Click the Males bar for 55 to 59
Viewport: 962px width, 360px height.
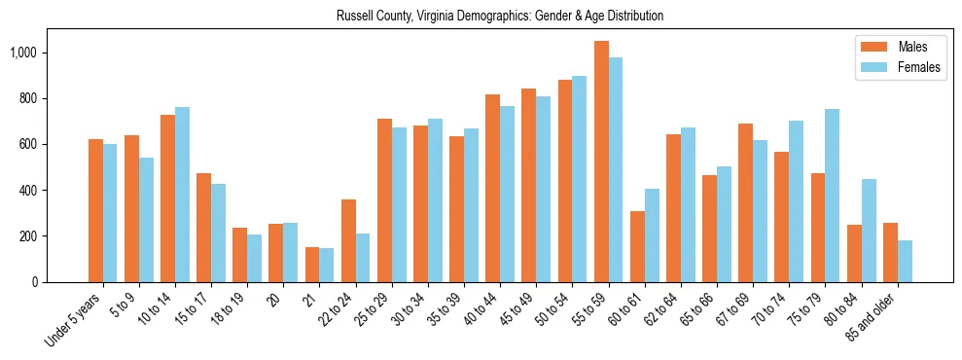601,162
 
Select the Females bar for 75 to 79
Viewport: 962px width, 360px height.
832,196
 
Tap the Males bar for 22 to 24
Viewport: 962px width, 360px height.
348,240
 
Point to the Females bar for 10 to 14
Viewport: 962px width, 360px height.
182,195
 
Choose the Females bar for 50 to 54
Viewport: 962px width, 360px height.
580,179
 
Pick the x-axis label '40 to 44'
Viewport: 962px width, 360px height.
480,309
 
